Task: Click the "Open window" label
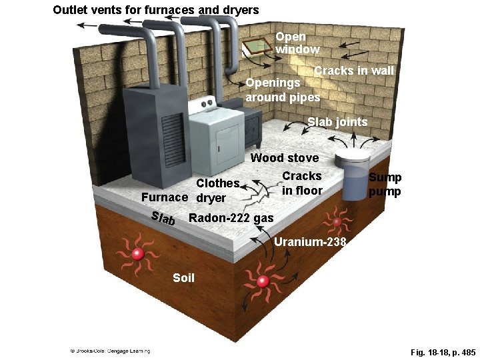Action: (x=297, y=43)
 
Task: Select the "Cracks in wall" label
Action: (x=354, y=71)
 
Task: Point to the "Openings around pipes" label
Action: (x=283, y=90)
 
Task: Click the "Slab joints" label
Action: (x=337, y=122)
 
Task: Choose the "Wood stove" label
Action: (x=284, y=158)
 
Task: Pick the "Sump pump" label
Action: (x=385, y=184)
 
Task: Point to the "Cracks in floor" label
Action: (x=301, y=183)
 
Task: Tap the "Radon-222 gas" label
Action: (x=231, y=218)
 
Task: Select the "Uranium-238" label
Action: (x=310, y=242)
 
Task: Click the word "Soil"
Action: (x=183, y=277)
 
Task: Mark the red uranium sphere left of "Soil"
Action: (x=138, y=254)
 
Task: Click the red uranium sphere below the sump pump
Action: (x=337, y=221)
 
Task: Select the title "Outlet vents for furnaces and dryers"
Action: (x=156, y=10)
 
